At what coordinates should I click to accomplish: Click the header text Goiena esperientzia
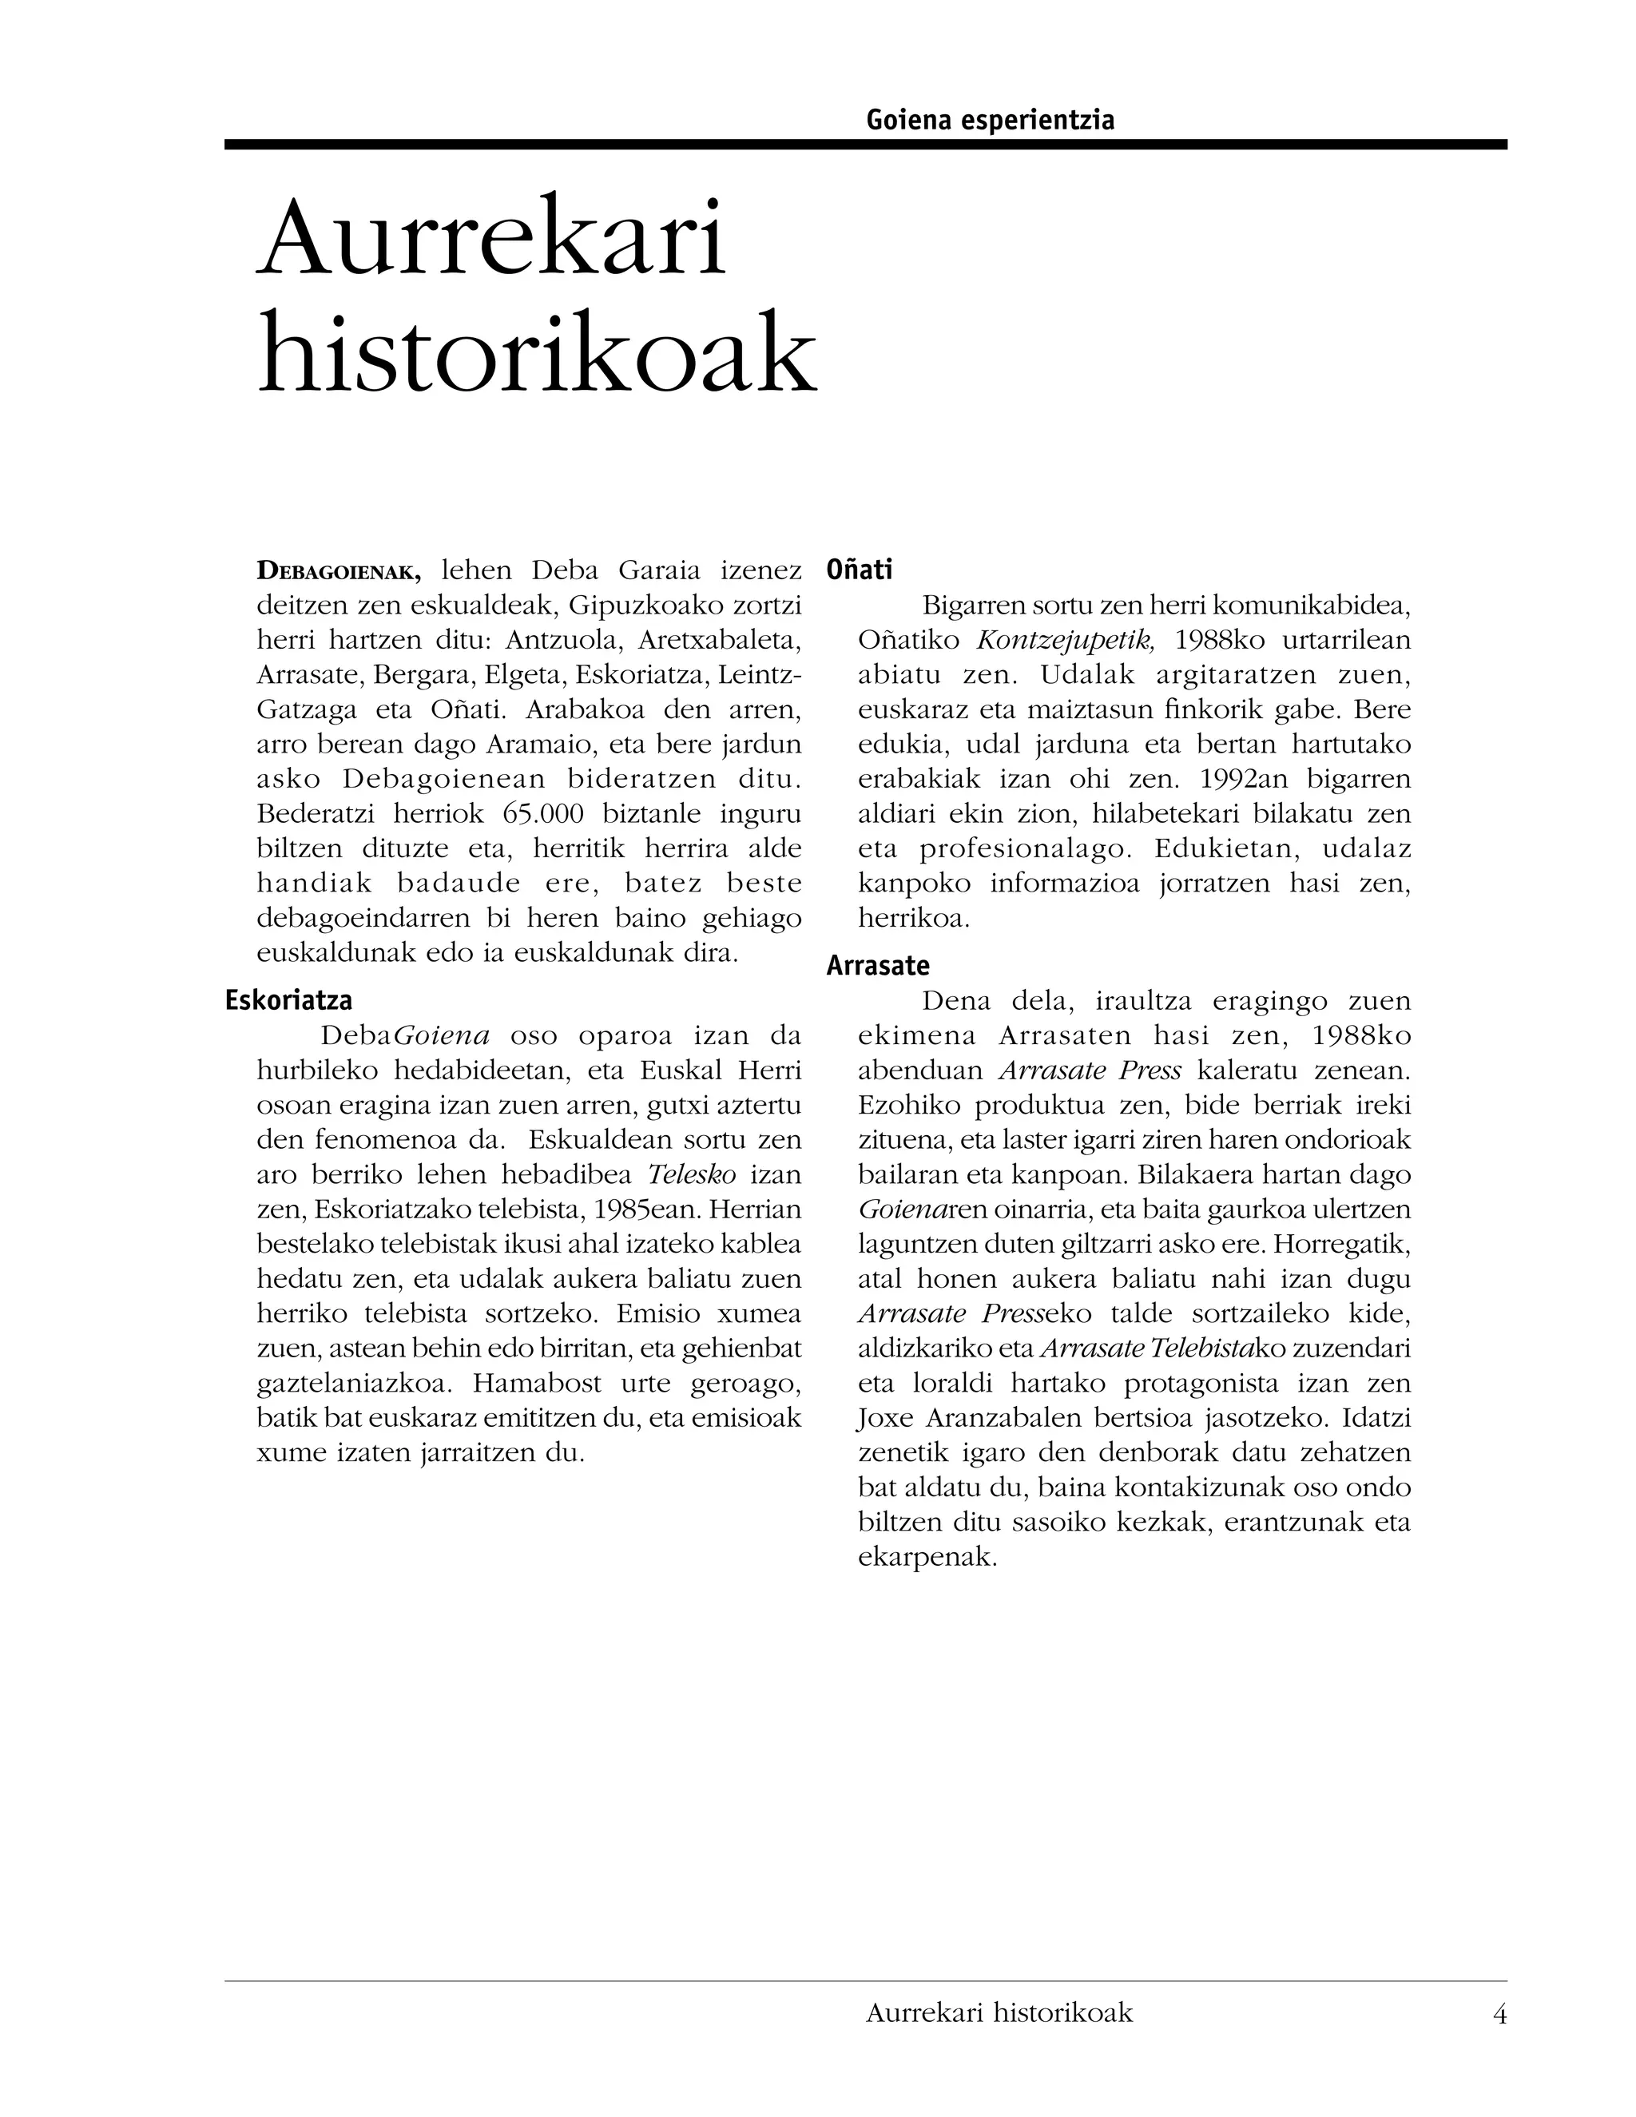point(990,120)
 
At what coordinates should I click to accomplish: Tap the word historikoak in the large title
point(538,352)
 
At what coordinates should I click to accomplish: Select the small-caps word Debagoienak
point(338,572)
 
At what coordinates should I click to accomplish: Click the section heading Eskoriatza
point(289,1000)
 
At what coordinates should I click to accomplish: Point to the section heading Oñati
point(859,570)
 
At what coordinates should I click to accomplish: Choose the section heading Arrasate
point(877,966)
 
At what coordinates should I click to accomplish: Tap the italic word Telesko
point(691,1175)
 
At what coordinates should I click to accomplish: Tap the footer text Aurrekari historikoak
point(999,2013)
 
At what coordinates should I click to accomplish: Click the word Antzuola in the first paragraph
point(562,641)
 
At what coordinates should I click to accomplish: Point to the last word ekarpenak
point(927,1558)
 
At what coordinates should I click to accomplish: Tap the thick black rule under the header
point(864,145)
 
